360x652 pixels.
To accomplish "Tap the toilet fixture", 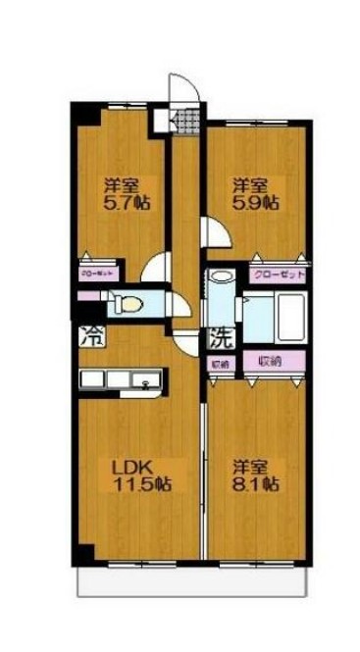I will (129, 303).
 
